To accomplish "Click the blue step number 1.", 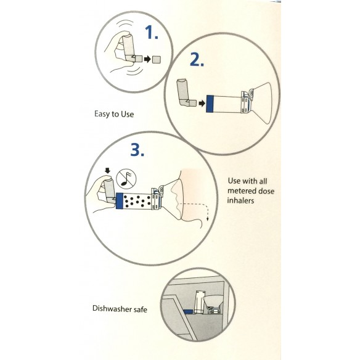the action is [x=152, y=32].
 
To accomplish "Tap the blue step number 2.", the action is [x=197, y=60].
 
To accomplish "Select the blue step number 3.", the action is [x=137, y=150].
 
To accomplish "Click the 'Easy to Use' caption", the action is [x=114, y=114].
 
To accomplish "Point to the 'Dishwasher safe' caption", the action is [x=120, y=309].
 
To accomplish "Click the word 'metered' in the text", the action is [x=241, y=191].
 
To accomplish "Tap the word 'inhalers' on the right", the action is [x=240, y=201].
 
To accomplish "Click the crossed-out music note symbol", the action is [x=126, y=179].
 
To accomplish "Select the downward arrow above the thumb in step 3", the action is [x=107, y=171].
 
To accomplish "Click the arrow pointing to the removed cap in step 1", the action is [x=147, y=59].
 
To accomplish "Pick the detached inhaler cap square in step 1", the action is [x=157, y=59].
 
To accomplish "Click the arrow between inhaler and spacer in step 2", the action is [x=202, y=104].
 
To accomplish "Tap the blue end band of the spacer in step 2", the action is [x=210, y=104].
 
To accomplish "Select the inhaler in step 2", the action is [x=185, y=93].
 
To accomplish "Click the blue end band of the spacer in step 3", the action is [x=119, y=201].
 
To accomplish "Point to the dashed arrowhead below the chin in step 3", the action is [x=208, y=219].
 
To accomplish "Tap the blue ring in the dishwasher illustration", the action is [x=188, y=312].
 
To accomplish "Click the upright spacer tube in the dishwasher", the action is [x=199, y=301].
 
